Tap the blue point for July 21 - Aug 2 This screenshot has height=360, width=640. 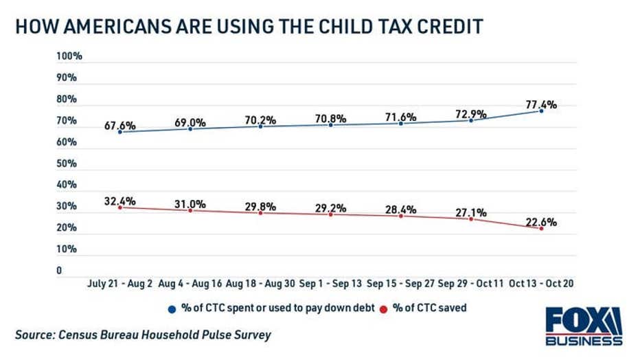click(120, 132)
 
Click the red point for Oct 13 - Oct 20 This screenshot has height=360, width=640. click(541, 228)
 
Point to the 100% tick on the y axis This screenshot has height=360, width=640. click(69, 56)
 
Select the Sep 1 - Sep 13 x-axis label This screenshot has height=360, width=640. click(330, 283)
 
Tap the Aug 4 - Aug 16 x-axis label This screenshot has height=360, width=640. click(190, 283)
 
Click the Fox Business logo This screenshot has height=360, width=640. click(584, 326)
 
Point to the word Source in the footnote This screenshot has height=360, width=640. click(34, 335)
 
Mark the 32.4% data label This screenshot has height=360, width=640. click(120, 201)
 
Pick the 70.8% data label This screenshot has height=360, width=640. click(330, 118)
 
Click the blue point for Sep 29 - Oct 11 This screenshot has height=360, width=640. click(471, 120)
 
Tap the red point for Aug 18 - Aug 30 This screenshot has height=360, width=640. click(260, 213)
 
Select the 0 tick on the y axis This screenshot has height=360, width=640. click(59, 271)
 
